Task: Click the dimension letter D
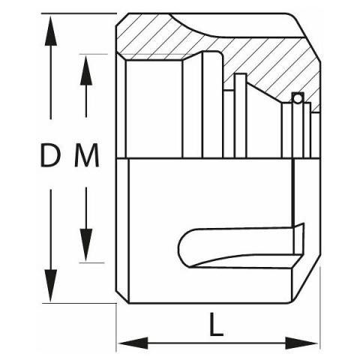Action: pos(50,155)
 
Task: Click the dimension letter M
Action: pos(87,155)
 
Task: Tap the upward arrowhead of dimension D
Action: pos(51,31)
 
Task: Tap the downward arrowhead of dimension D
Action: pos(51,286)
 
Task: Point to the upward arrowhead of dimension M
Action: pos(86,70)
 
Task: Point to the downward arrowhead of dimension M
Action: pos(86,245)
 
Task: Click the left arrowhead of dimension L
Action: pos(133,343)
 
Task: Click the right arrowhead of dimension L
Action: pos(301,343)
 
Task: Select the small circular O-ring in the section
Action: pos(298,99)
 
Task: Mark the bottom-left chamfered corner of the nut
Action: pos(122,297)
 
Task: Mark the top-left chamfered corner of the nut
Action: pos(122,19)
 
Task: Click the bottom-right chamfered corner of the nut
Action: pos(306,285)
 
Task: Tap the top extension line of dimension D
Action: pos(79,13)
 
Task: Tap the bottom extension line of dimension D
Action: pos(79,303)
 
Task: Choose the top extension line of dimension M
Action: pos(93,54)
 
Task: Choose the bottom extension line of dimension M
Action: pos(91,262)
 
